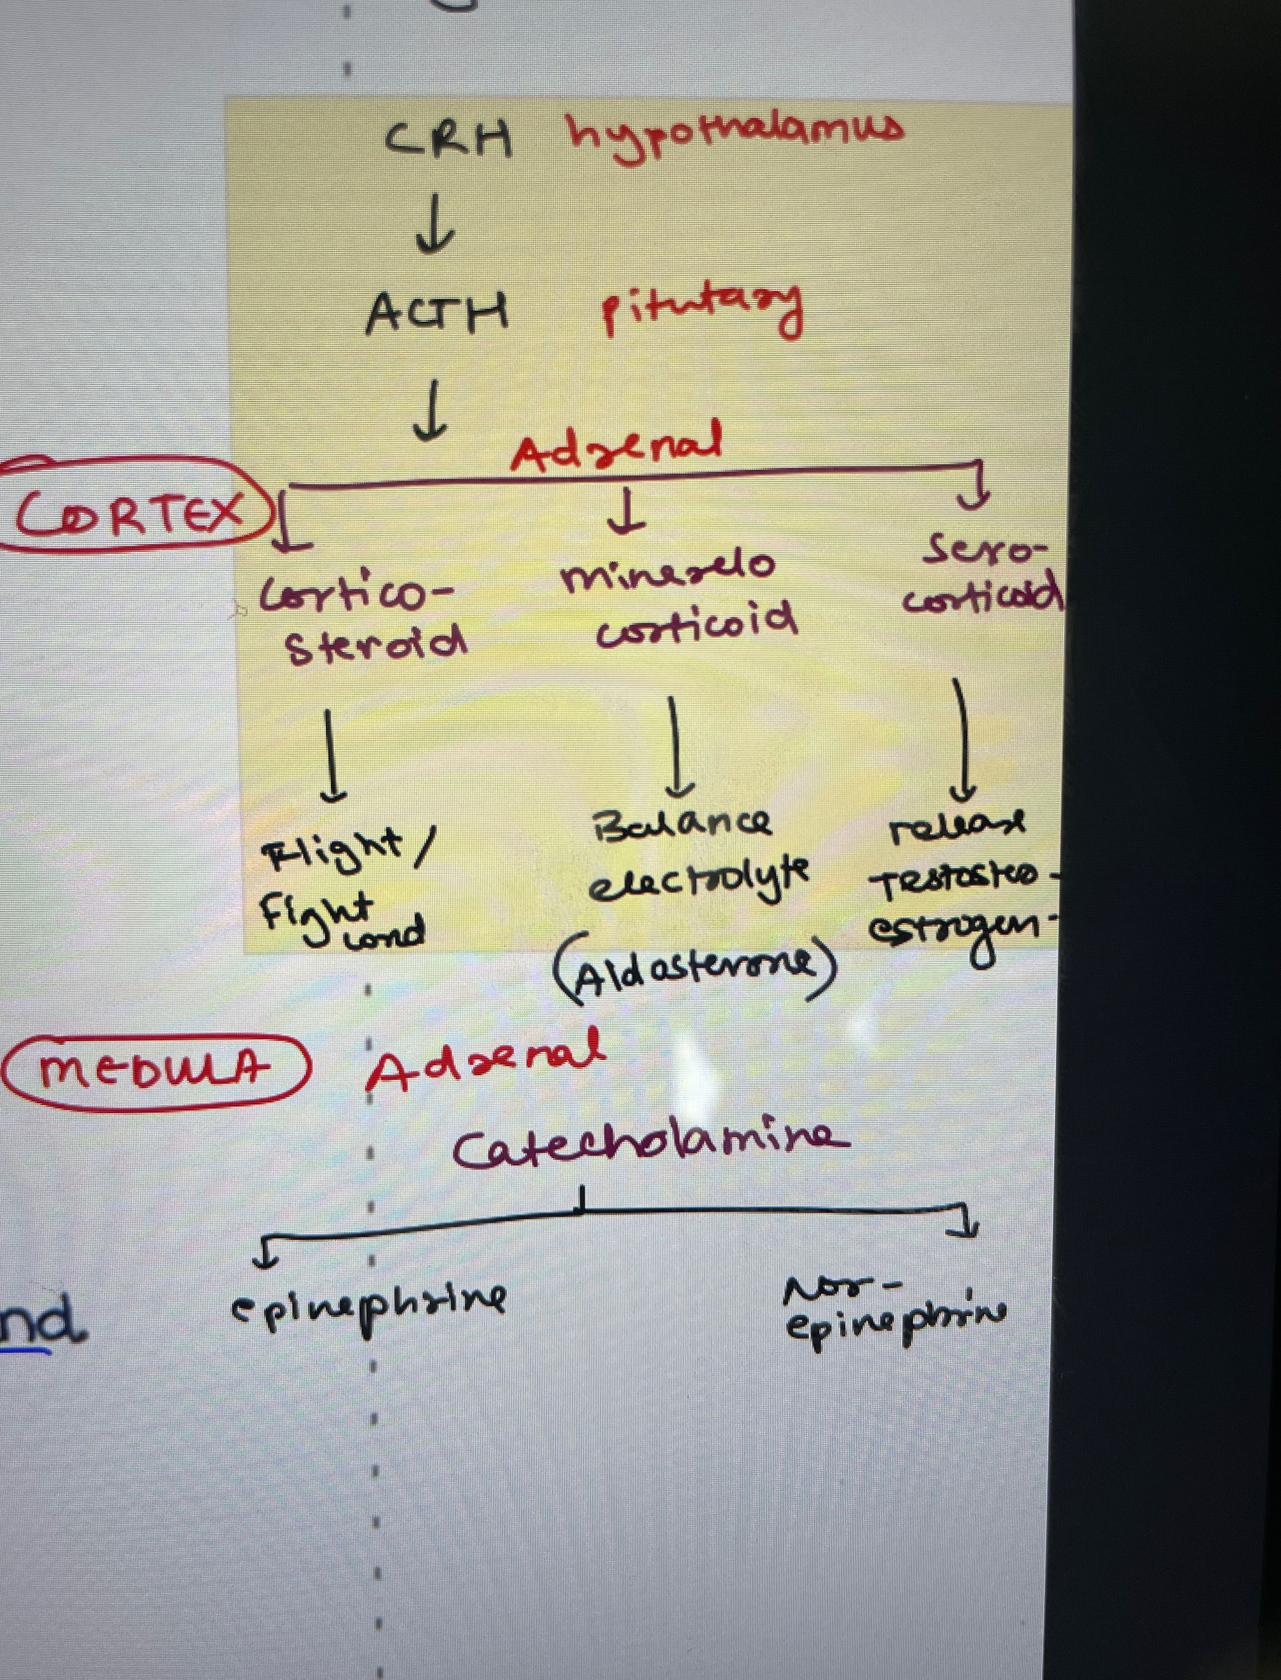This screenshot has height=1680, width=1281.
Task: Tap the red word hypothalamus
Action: tap(734, 134)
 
